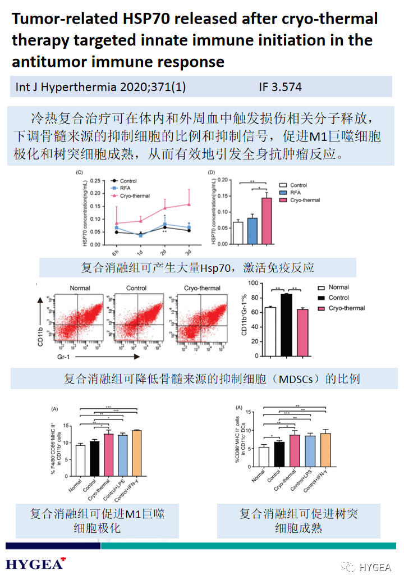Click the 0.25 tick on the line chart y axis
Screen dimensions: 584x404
pos(95,181)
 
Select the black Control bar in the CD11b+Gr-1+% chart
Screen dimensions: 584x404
pos(286,325)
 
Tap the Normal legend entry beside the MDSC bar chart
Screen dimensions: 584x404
pos(338,288)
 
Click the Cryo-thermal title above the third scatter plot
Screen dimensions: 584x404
pos(202,288)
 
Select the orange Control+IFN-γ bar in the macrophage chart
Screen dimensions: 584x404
pos(136,453)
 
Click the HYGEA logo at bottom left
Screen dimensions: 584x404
pos(35,564)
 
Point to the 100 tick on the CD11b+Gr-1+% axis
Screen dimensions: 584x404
pos(251,284)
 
